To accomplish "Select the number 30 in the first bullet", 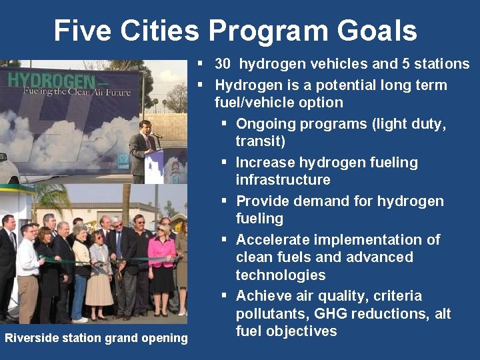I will click(223, 64).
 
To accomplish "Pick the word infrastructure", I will click(283, 180).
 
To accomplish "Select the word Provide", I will click(262, 201).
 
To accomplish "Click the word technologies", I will click(280, 275).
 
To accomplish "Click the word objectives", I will click(303, 331).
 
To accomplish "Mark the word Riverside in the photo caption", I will click(30, 338).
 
